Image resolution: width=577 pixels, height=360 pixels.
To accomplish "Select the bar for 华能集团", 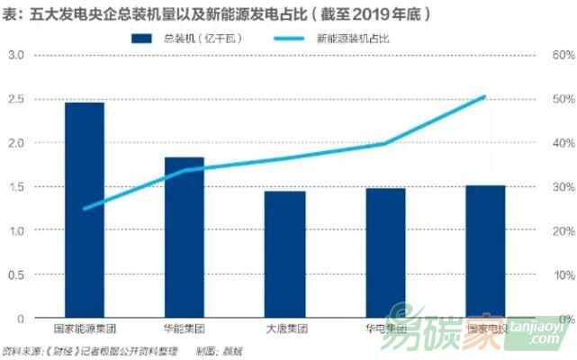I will (x=184, y=238).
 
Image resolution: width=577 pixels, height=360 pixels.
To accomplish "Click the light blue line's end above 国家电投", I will (x=485, y=96).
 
